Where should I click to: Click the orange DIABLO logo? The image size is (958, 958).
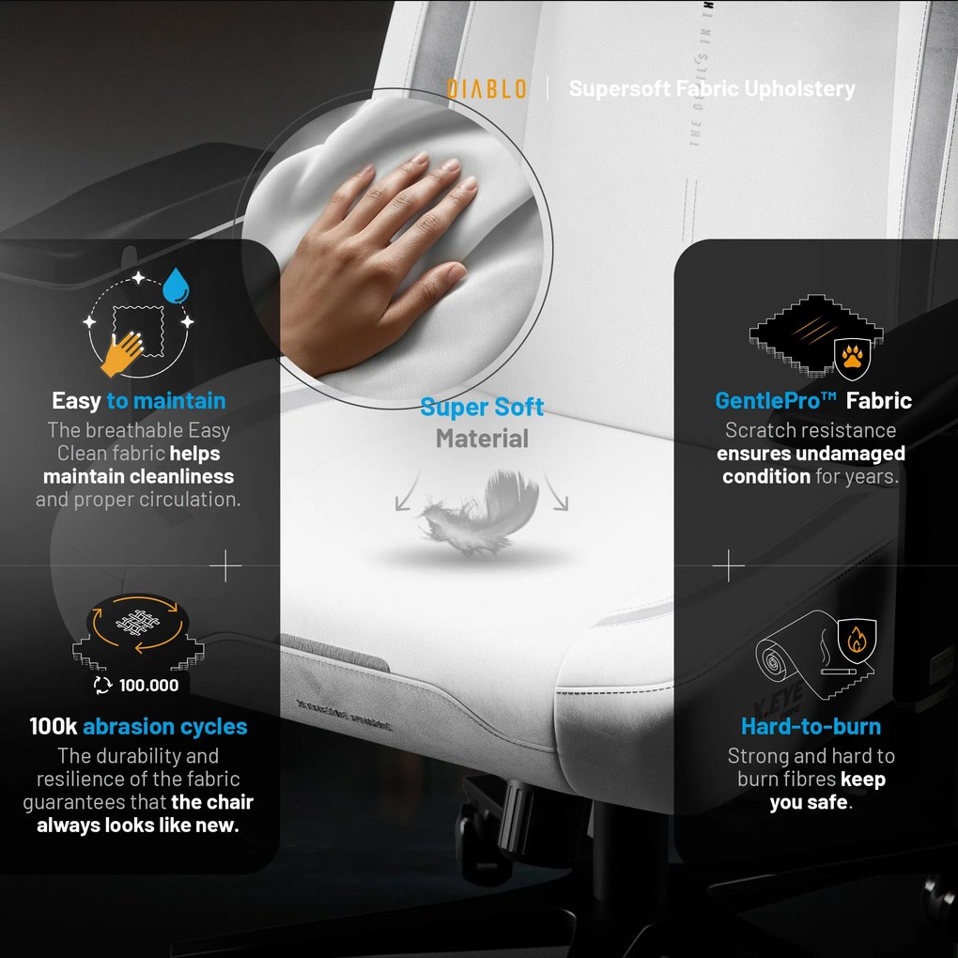point(486,89)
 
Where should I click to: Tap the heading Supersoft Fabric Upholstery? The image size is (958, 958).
point(712,89)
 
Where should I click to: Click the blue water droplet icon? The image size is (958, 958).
point(175,286)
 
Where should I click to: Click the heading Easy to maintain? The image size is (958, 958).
point(138,401)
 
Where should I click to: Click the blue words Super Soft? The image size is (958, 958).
point(482,408)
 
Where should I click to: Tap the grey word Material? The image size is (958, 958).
point(482,439)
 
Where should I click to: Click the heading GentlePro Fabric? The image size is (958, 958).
point(812,401)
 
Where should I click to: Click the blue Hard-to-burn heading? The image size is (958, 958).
point(811,726)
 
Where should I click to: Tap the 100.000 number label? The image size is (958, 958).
point(147,685)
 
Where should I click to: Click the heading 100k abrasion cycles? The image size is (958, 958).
point(138,726)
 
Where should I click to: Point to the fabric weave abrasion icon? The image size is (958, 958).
point(138,623)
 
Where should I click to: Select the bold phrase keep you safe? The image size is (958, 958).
point(827,791)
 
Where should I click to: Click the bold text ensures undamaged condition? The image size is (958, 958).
point(811,464)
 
